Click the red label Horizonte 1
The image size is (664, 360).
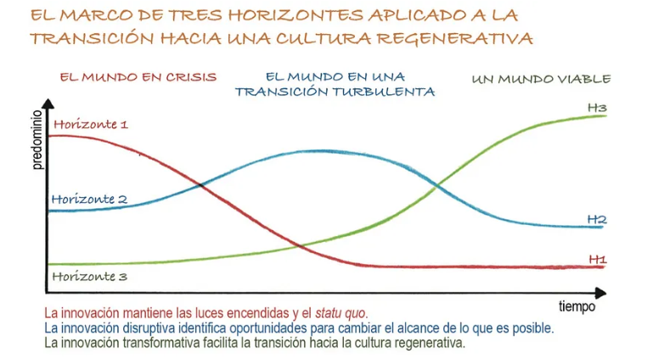pos(90,124)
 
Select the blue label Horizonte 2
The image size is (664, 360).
pos(89,199)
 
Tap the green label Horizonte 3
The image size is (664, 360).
pos(89,276)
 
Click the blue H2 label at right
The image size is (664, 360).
pos(597,219)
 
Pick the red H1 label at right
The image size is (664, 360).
pos(597,259)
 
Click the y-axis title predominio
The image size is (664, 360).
pos(37,141)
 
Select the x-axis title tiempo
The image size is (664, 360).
pos(577,307)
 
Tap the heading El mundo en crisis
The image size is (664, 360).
pos(132,76)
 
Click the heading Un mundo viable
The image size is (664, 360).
pos(541,79)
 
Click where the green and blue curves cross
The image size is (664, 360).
pos(436,184)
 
